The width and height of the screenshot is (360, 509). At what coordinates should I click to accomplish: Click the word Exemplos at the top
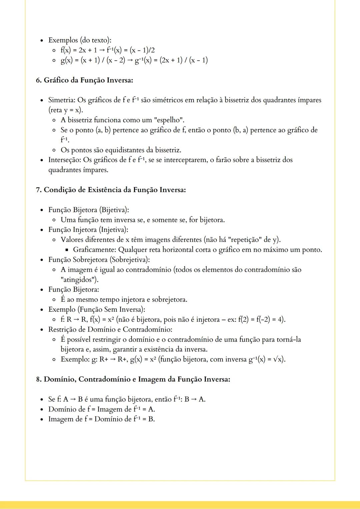point(63,40)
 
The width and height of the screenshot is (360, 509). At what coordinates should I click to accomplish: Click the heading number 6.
point(39,80)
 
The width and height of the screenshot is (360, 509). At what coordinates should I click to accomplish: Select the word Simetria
point(62,100)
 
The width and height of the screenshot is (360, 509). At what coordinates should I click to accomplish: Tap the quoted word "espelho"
point(169,120)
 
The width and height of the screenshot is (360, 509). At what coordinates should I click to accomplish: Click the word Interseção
point(64,160)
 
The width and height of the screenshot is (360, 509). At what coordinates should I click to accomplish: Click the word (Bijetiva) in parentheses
point(114,210)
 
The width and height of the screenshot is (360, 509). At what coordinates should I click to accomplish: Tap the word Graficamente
point(94,250)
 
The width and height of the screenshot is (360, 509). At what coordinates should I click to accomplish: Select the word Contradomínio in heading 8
point(105,379)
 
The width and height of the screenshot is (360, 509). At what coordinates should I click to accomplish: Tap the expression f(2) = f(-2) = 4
point(261,320)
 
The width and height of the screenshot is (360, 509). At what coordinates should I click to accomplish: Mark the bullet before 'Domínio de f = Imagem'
point(42,409)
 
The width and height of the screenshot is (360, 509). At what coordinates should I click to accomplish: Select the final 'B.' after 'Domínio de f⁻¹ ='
point(151,419)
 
